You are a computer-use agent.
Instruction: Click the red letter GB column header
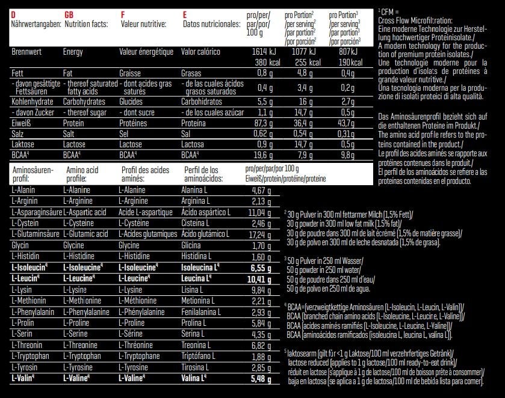[69, 14]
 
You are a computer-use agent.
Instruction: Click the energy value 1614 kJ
[263, 52]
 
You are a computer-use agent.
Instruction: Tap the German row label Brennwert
[26, 52]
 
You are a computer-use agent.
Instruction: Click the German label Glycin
[20, 245]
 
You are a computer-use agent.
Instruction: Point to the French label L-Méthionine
[141, 301]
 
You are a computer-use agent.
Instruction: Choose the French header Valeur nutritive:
[144, 24]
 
